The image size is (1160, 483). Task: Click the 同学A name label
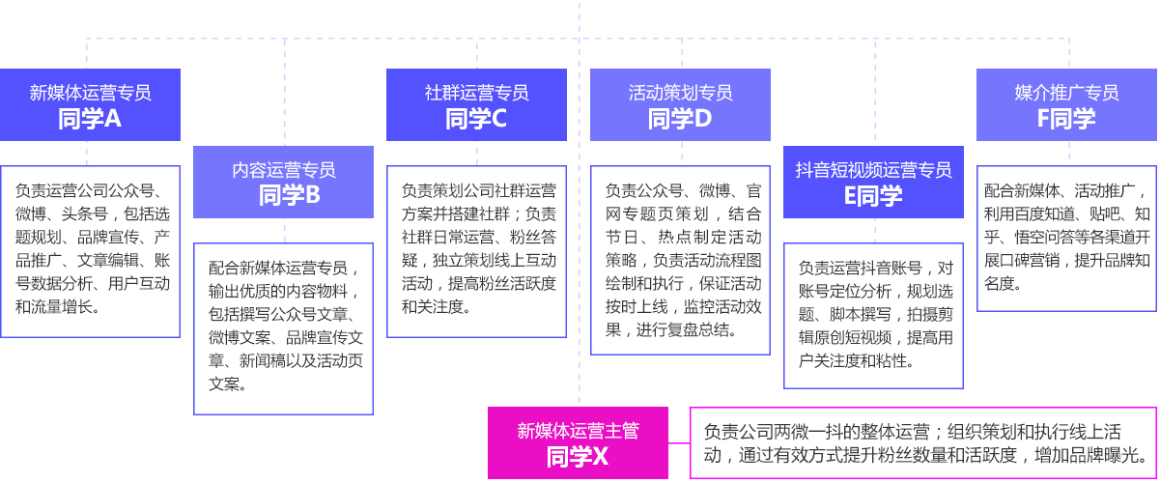click(x=90, y=119)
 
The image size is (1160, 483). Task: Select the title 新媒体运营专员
click(x=90, y=93)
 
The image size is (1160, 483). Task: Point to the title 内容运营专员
click(x=283, y=170)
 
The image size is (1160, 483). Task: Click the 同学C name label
click(x=476, y=119)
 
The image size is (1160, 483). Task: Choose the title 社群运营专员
click(x=476, y=93)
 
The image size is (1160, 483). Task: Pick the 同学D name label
click(x=680, y=119)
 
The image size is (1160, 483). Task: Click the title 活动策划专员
click(x=680, y=93)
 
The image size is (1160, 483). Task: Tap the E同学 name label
click(x=873, y=196)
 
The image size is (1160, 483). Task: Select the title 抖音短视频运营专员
click(x=873, y=170)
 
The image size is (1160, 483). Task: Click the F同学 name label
click(x=1066, y=119)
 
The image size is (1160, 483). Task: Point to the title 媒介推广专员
click(x=1066, y=93)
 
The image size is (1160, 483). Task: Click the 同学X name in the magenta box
click(x=578, y=457)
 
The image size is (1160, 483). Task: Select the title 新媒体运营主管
click(x=578, y=431)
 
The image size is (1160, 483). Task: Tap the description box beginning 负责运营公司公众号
click(x=90, y=251)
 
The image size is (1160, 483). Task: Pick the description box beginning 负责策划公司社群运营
click(x=476, y=251)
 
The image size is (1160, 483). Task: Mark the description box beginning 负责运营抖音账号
click(x=873, y=314)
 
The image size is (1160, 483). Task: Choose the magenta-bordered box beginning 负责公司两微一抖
click(x=922, y=443)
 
